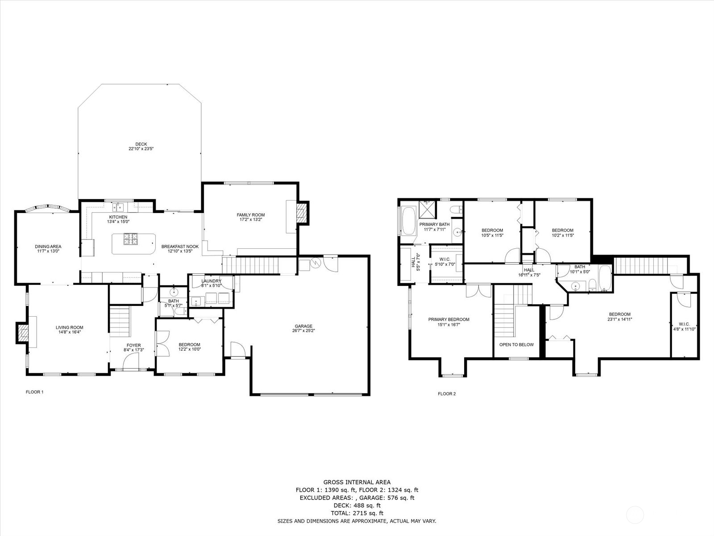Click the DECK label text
pyautogui.click(x=141, y=144)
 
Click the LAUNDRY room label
pyautogui.click(x=211, y=281)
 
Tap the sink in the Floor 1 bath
pyautogui.click(x=174, y=293)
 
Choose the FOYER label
pyautogui.click(x=133, y=345)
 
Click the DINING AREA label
pyautogui.click(x=48, y=247)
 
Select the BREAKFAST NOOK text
pyautogui.click(x=180, y=247)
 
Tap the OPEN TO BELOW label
pyautogui.click(x=516, y=345)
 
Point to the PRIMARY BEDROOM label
pyautogui.click(x=448, y=319)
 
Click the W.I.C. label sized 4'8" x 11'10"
pyautogui.click(x=684, y=324)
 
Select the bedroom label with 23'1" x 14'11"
pyautogui.click(x=620, y=314)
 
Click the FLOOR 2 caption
pyautogui.click(x=447, y=394)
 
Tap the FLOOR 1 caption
pyautogui.click(x=34, y=392)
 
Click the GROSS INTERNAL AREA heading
pyautogui.click(x=357, y=482)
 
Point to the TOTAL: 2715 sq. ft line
pyautogui.click(x=357, y=513)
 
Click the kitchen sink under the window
pyautogui.click(x=118, y=206)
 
